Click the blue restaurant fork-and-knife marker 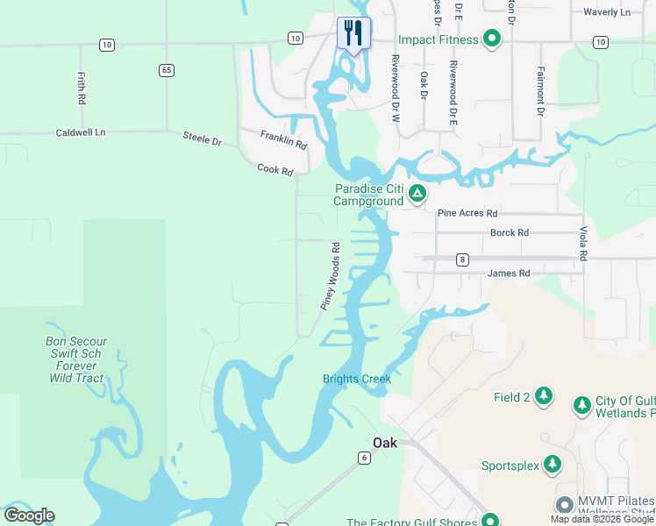(x=353, y=34)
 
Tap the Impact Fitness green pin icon (x=492, y=39)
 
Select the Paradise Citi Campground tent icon (x=418, y=193)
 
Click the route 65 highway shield (x=166, y=69)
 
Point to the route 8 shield (x=462, y=259)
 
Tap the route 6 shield (x=363, y=458)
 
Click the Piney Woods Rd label (x=330, y=276)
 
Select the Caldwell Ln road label (x=80, y=132)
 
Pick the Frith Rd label (x=81, y=89)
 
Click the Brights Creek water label (x=356, y=379)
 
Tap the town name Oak (x=385, y=443)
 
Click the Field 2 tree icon (x=545, y=397)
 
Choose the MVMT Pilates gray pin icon (x=565, y=505)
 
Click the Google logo (x=29, y=515)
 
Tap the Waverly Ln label (x=607, y=12)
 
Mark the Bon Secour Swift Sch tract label (x=76, y=360)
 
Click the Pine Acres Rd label (x=467, y=213)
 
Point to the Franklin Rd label (x=283, y=139)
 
